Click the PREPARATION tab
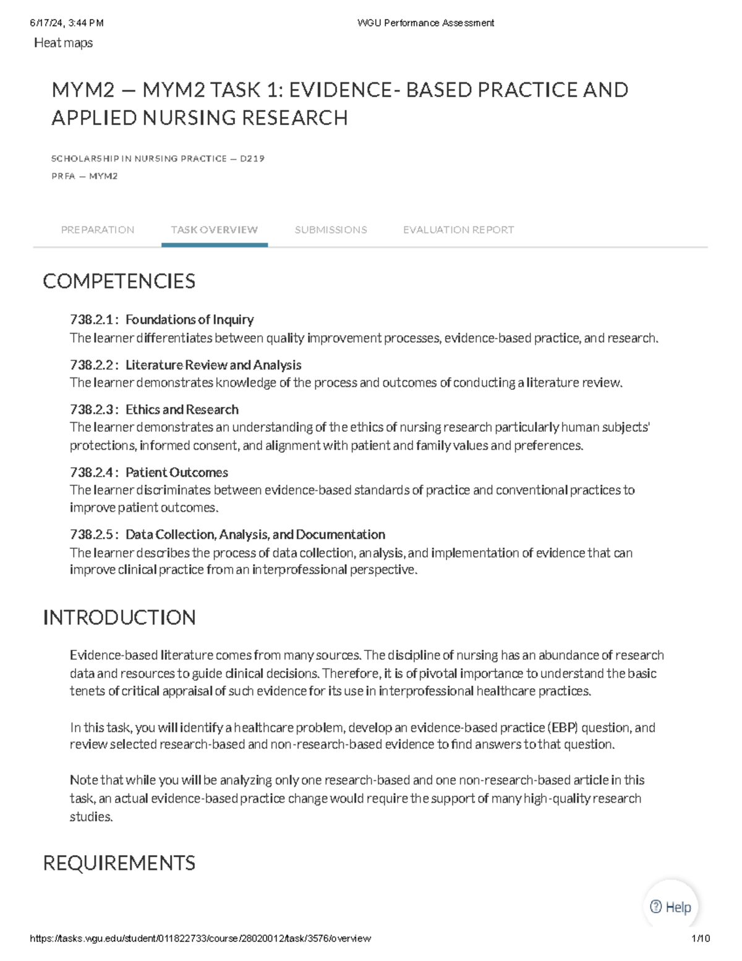[97, 230]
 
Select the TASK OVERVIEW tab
[214, 230]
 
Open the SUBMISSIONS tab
[331, 230]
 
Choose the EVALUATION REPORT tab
[458, 230]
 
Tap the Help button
[671, 907]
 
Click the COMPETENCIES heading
[119, 282]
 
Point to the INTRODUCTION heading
[119, 618]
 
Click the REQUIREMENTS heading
[119, 863]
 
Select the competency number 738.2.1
[92, 320]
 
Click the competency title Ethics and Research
[182, 410]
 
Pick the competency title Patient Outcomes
[177, 473]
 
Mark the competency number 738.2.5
[92, 535]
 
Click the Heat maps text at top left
[63, 43]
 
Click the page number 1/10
[701, 938]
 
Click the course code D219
[252, 158]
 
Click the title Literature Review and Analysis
[213, 365]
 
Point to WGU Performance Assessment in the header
[425, 23]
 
